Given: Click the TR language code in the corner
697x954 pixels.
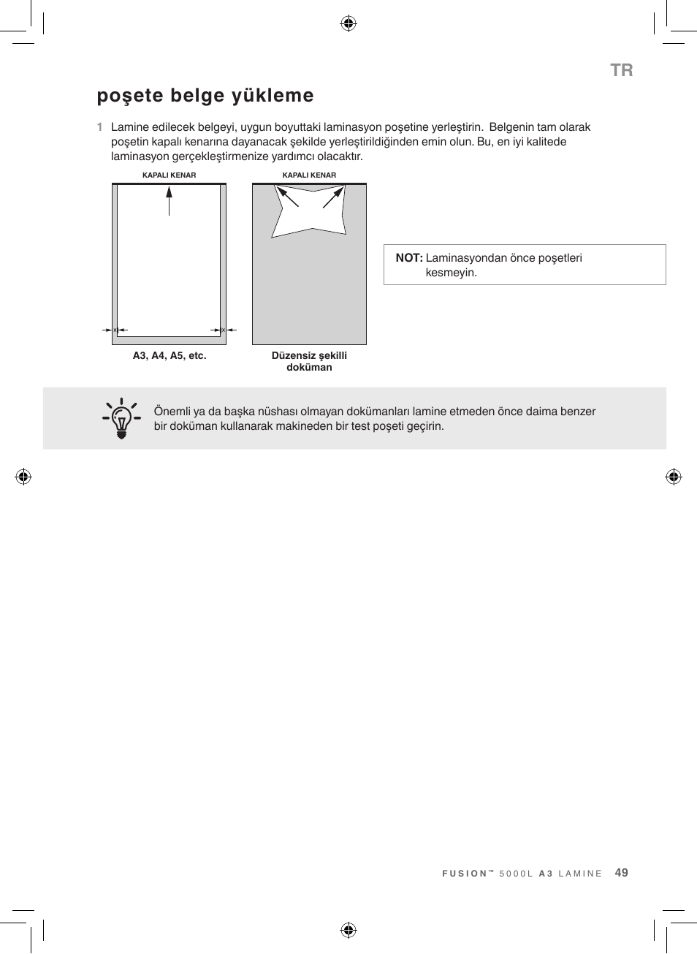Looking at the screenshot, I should pyautogui.click(x=621, y=70).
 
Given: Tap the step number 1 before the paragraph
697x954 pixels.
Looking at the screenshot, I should pyautogui.click(x=99, y=127).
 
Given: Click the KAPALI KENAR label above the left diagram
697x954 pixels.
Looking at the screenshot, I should pyautogui.click(x=169, y=175).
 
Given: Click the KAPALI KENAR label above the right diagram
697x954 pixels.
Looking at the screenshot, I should pyautogui.click(x=309, y=175).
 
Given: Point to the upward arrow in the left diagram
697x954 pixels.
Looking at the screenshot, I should pyautogui.click(x=169, y=200).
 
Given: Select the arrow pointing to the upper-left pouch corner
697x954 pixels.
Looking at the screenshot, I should pyautogui.click(x=286, y=197).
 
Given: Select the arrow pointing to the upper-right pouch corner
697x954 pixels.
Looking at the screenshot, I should pyautogui.click(x=333, y=197).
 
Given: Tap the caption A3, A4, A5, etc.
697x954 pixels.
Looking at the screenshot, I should pyautogui.click(x=169, y=356).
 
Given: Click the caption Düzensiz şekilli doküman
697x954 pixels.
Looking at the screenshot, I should pyautogui.click(x=309, y=361).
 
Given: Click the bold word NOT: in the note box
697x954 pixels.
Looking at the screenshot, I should pyautogui.click(x=409, y=258).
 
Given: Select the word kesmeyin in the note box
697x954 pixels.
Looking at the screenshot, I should pyautogui.click(x=451, y=273).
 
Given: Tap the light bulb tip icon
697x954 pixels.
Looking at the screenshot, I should pyautogui.click(x=122, y=418).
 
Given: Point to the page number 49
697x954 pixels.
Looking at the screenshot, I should pyautogui.click(x=621, y=873).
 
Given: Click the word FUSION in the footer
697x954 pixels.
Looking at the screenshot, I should pyautogui.click(x=465, y=874).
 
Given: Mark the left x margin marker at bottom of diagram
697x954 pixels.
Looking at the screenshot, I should pyautogui.click(x=115, y=330).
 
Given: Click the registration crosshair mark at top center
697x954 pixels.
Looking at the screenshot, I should pyautogui.click(x=348, y=23).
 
